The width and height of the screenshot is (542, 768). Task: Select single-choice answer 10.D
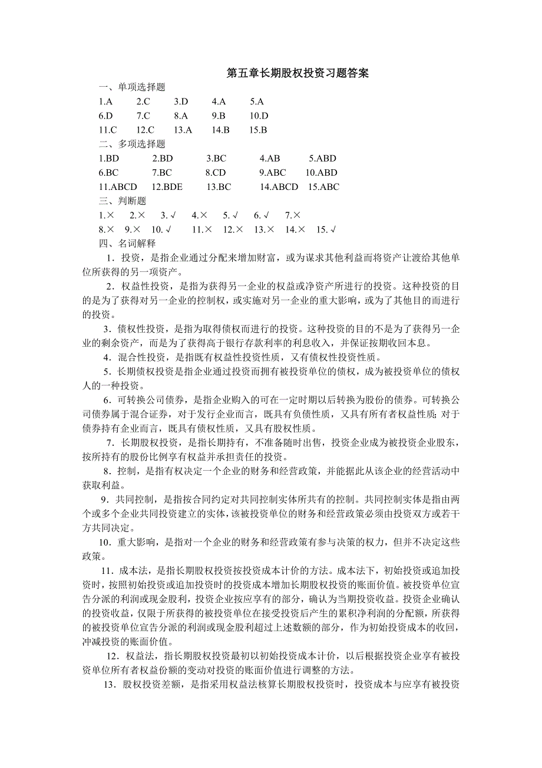[259, 116]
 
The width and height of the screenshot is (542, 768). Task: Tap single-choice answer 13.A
[183, 130]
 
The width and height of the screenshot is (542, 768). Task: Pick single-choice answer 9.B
[219, 116]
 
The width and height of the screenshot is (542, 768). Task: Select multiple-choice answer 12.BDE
[167, 187]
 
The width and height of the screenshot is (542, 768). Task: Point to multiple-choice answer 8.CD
[215, 173]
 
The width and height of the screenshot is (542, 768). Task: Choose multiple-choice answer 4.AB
[269, 159]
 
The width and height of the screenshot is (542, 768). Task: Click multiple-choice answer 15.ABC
[323, 187]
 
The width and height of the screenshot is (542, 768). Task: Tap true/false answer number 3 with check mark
[168, 215]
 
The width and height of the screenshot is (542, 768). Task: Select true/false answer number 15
[326, 229]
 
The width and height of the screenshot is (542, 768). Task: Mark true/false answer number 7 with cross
[293, 215]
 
